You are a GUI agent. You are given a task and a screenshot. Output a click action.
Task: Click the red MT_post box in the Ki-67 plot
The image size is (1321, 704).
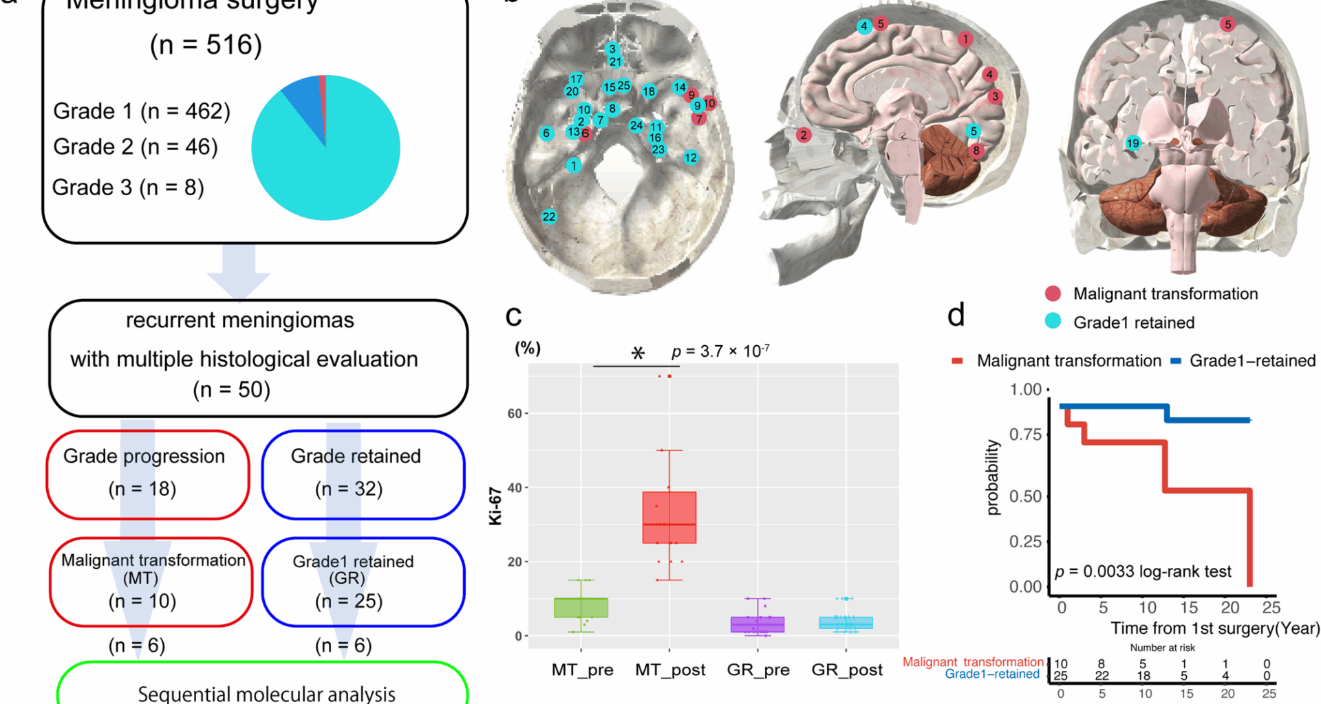pos(669,517)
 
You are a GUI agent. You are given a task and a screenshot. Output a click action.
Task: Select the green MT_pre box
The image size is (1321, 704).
pos(581,608)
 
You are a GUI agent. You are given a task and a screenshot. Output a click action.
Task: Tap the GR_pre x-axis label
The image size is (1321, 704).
pos(758,670)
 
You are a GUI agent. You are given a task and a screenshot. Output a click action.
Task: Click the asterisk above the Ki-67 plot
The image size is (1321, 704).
pos(638,353)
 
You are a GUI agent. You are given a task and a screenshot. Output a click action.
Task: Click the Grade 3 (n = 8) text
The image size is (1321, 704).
pos(128,187)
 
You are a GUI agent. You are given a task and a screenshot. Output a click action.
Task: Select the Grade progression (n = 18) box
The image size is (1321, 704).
pos(147,474)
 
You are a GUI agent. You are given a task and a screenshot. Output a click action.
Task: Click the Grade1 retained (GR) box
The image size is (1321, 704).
pos(363,582)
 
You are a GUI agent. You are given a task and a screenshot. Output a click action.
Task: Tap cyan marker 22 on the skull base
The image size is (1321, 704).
pos(548,217)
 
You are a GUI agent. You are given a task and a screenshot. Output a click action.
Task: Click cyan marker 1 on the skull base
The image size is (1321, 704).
pos(573,165)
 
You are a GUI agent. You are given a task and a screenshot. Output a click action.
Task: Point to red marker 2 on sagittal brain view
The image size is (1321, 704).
pos(803,135)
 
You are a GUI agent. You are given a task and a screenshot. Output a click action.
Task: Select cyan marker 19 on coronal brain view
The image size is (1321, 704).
pos(1132,143)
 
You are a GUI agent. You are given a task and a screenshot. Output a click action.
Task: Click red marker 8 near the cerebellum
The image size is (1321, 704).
pos(976,151)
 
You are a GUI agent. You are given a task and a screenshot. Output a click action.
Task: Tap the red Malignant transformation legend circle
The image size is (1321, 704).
pos(1053,294)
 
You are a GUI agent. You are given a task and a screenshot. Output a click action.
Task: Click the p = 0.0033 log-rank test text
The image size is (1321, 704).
pos(1143,571)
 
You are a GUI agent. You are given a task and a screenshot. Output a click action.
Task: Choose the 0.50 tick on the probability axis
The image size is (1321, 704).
pos(1025,496)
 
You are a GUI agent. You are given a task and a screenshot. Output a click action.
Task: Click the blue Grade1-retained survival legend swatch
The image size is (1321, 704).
pos(1176,361)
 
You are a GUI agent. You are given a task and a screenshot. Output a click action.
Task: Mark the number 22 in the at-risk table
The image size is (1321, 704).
pos(1102,676)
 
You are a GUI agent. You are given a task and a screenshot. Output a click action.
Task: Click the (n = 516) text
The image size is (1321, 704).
pos(206,45)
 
